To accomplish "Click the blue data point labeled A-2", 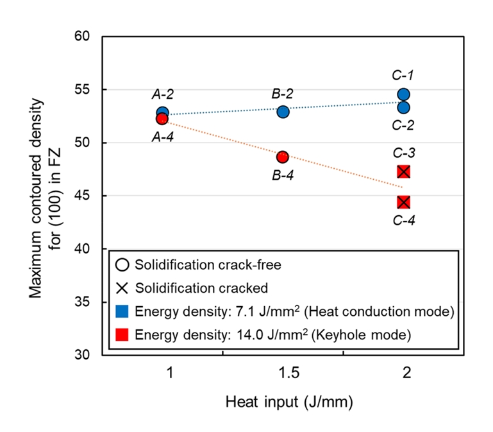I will click(162, 113).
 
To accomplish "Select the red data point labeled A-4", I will click(162, 119).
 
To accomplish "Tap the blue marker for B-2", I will click(283, 112).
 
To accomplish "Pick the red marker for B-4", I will click(283, 157).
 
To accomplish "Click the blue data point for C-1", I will click(403, 94).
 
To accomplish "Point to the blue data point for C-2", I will click(403, 107).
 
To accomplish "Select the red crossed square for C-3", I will click(403, 171).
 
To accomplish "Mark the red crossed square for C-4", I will click(403, 202).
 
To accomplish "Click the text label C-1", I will click(403, 76).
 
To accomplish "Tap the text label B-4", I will click(283, 175).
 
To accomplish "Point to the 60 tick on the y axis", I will click(88, 37).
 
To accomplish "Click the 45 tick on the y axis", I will click(88, 196).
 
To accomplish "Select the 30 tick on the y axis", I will click(88, 355).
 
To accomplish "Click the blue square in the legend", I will click(123, 312).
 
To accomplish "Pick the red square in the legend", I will click(123, 334).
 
